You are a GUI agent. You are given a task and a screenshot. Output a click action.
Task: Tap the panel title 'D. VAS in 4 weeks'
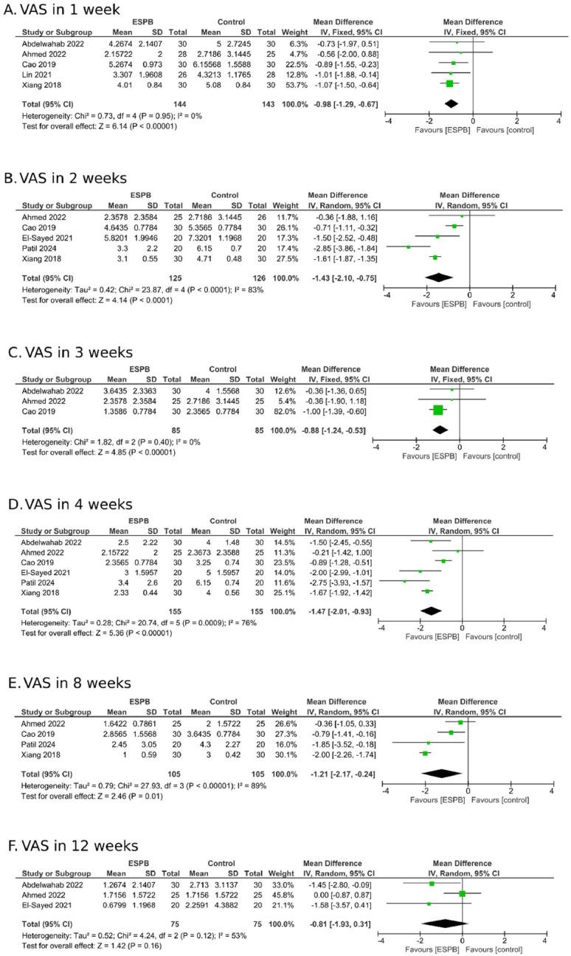(68, 504)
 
